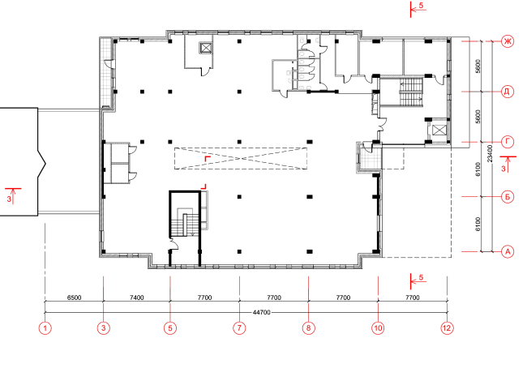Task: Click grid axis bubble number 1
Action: (45, 327)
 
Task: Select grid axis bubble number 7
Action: (239, 327)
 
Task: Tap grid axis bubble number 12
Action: (447, 327)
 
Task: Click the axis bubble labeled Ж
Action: (508, 41)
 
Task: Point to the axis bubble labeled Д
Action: (508, 92)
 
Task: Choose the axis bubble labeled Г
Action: (508, 142)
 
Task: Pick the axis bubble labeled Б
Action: (508, 197)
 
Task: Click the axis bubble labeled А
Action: (508, 251)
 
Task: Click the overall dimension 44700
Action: (262, 312)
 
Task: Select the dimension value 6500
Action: (74, 297)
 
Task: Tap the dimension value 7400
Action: (136, 297)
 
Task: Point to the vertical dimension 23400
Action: (490, 153)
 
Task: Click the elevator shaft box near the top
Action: (206, 48)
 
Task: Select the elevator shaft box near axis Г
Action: (439, 130)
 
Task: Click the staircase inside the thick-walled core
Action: (185, 222)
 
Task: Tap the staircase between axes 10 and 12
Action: (411, 92)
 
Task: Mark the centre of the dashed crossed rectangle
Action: (240, 158)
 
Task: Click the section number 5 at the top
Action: (421, 6)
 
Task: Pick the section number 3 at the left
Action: (9, 199)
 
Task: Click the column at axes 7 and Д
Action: (239, 92)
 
